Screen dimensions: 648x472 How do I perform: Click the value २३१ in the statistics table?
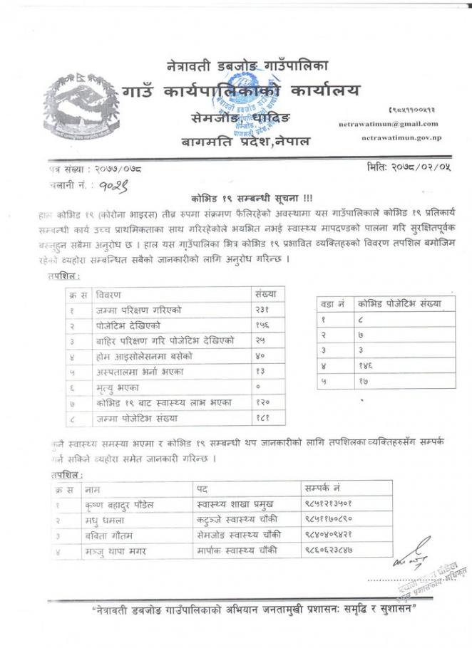click(265, 310)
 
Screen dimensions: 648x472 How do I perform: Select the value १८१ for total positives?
click(265, 418)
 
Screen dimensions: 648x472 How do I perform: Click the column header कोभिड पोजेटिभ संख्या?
click(399, 303)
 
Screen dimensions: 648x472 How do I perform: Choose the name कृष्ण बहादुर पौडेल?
click(119, 505)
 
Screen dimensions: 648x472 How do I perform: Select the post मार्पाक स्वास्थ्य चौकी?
click(239, 550)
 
